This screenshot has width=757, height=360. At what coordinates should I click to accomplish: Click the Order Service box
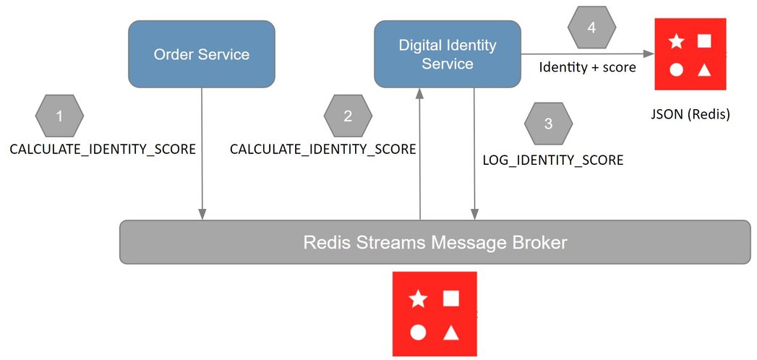(202, 54)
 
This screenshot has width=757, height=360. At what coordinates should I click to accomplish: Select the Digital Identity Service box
(448, 54)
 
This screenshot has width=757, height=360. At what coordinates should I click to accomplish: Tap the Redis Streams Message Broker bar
(435, 242)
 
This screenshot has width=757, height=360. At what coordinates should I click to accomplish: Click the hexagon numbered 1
(59, 116)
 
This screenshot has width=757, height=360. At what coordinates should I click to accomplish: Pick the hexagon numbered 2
(348, 116)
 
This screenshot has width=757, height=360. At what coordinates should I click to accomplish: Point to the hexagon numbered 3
(548, 124)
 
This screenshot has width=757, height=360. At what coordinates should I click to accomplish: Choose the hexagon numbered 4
(592, 28)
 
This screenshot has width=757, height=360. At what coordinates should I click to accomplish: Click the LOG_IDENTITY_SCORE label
(552, 160)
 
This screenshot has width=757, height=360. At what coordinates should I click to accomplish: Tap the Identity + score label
(588, 67)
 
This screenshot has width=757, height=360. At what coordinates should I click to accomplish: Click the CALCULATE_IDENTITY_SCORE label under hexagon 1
(103, 150)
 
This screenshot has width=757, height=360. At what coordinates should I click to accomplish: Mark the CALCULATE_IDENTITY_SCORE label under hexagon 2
(322, 150)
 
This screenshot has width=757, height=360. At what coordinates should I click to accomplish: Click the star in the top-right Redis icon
(676, 42)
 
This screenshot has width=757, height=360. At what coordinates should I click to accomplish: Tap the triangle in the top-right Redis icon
(703, 69)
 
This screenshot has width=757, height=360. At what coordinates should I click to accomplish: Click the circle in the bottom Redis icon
(417, 333)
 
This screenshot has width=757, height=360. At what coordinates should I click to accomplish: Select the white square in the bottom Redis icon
(451, 298)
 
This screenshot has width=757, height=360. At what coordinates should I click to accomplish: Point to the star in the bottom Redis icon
(417, 299)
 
